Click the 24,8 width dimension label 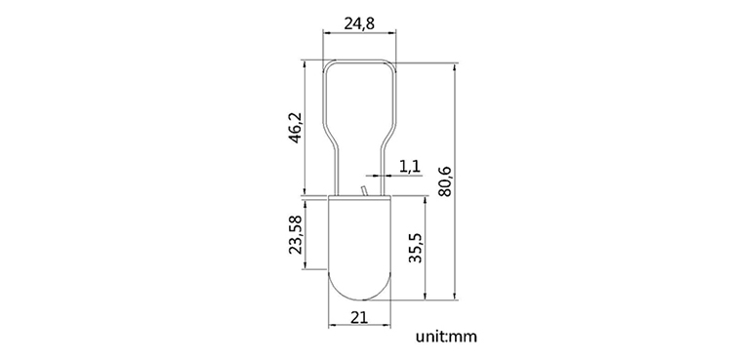(x=359, y=23)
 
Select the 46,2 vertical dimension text (x=297, y=128)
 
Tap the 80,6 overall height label (x=445, y=180)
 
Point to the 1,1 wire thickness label (x=410, y=166)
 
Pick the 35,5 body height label (x=416, y=248)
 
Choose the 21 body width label (x=359, y=317)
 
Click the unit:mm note (x=447, y=337)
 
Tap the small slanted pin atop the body (x=364, y=190)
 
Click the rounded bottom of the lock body (x=359, y=299)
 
